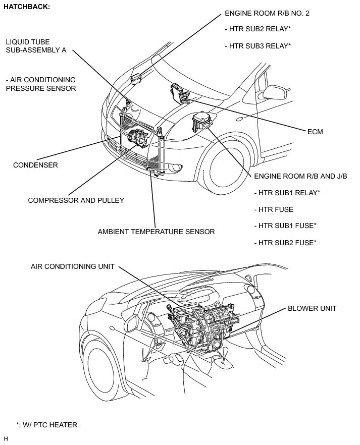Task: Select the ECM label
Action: (315, 132)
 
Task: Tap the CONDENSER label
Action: (35, 165)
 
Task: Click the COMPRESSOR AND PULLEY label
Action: (76, 200)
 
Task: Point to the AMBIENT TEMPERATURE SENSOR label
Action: (157, 232)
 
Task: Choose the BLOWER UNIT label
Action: (312, 308)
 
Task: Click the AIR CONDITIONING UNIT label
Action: (73, 266)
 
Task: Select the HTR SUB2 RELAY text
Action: (258, 30)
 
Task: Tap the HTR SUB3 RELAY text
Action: (258, 46)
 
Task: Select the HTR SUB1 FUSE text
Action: (284, 226)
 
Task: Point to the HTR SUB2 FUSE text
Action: (284, 243)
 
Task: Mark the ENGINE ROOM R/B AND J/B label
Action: (300, 176)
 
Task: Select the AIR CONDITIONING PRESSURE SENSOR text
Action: (41, 84)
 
